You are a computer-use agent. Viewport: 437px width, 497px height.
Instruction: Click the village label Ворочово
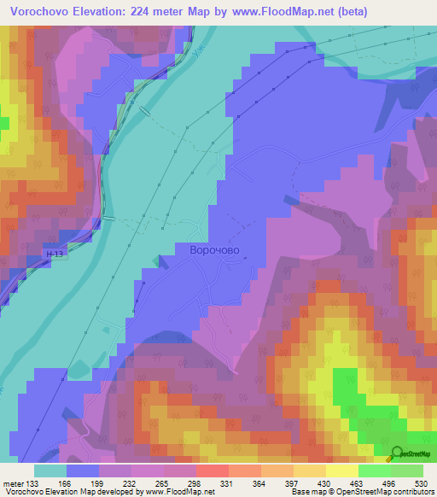(x=214, y=250)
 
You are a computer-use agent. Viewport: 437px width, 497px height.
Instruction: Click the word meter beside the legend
(x=13, y=482)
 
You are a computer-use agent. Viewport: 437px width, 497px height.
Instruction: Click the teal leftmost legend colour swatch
(x=50, y=471)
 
